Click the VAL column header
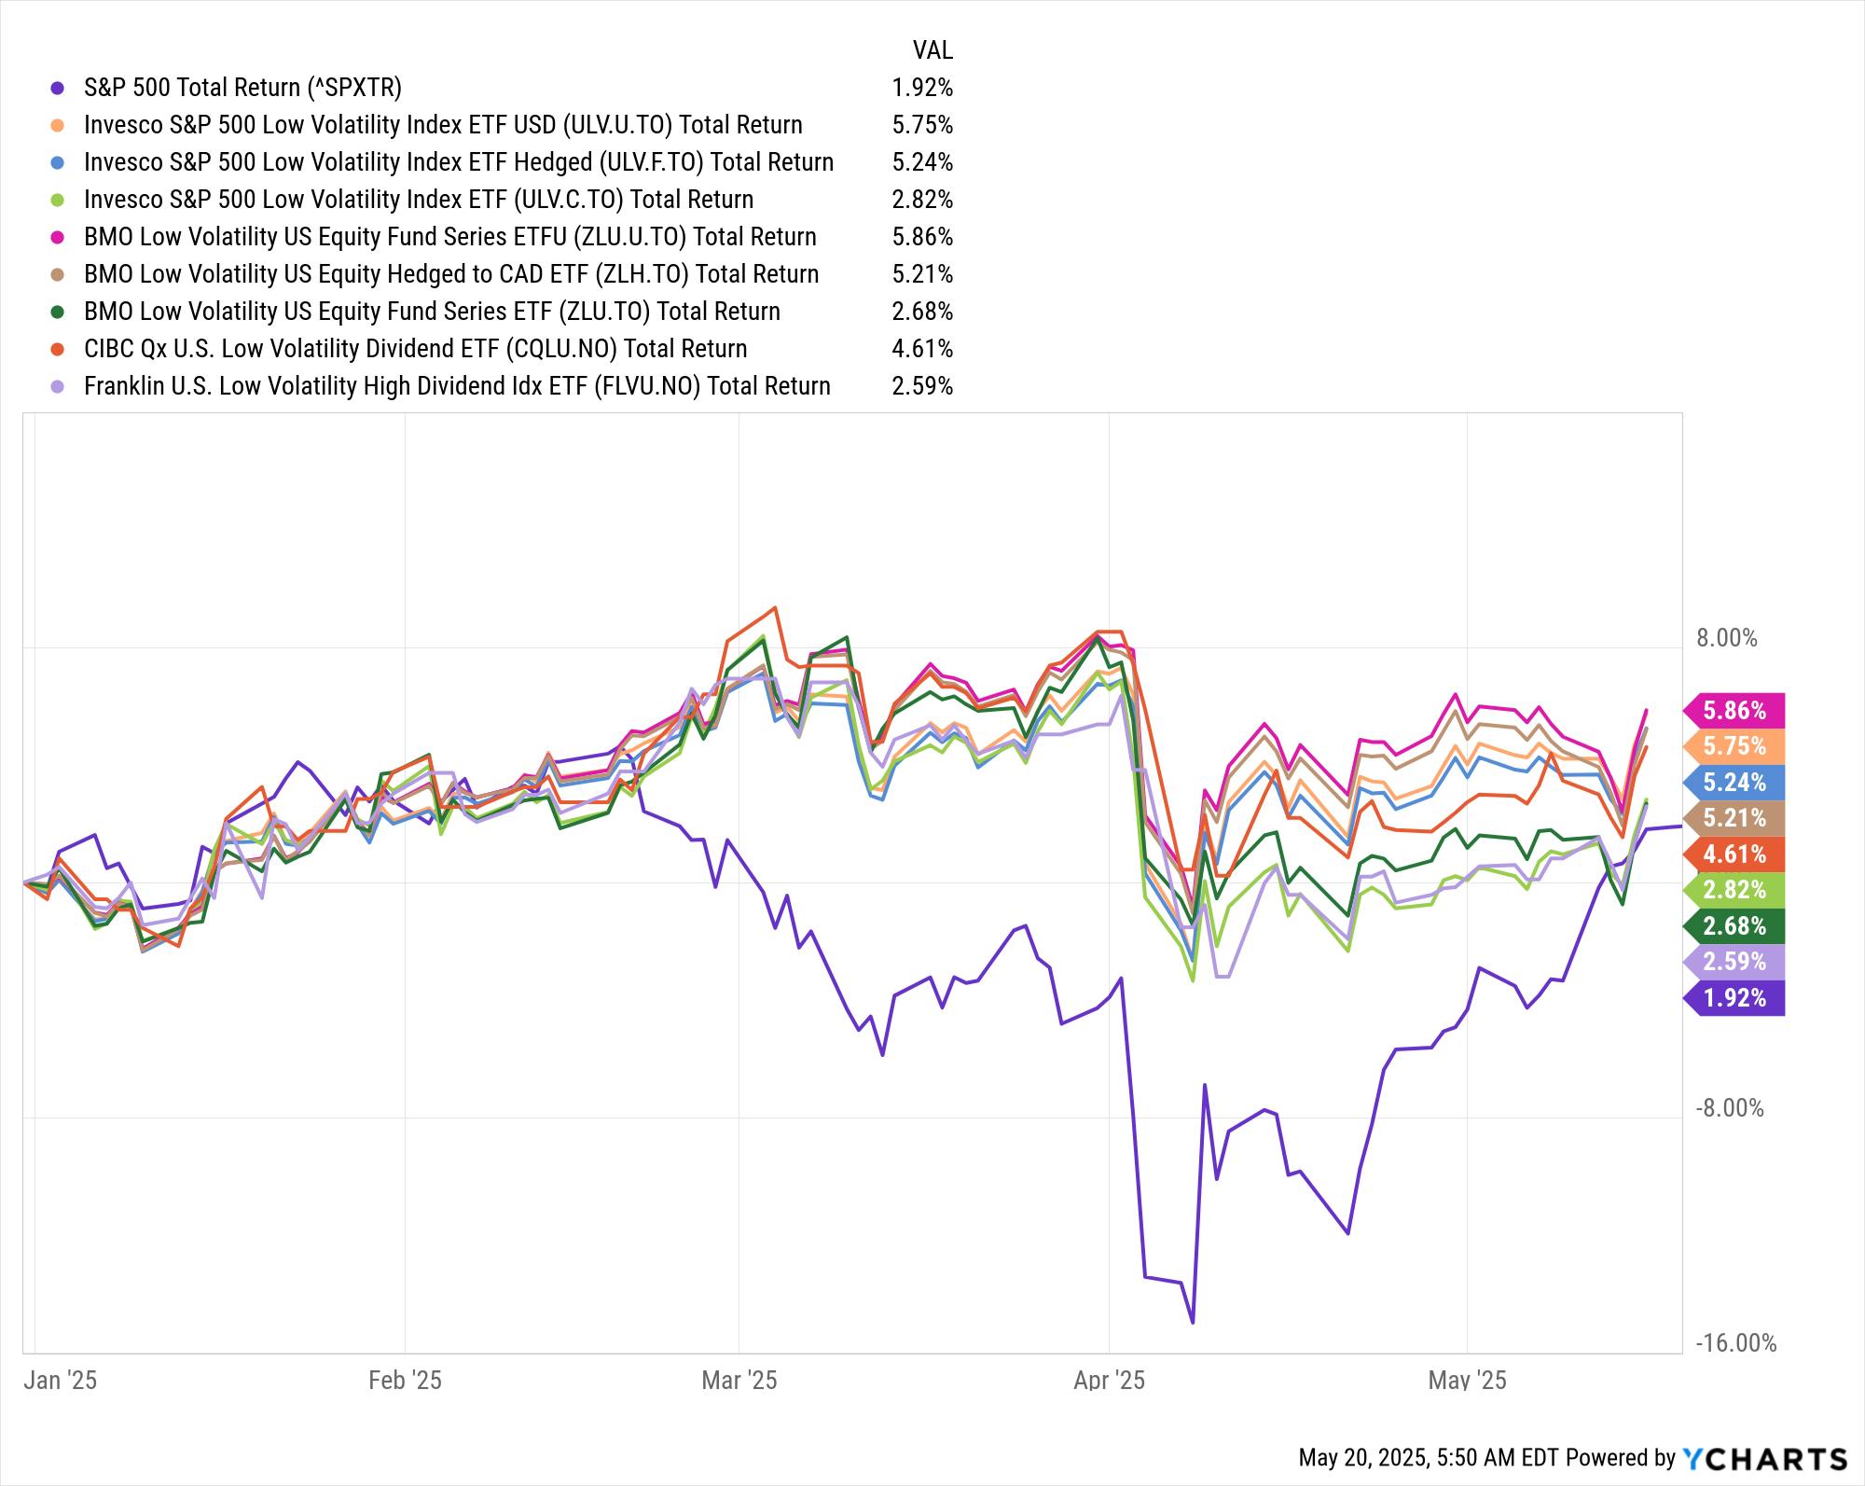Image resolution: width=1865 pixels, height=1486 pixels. (x=932, y=49)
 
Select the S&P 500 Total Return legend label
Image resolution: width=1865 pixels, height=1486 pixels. (x=242, y=88)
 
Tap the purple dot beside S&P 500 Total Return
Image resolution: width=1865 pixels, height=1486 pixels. (x=58, y=88)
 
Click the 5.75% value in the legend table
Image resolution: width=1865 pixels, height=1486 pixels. (x=922, y=125)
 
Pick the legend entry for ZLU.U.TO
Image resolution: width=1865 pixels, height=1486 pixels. (x=449, y=237)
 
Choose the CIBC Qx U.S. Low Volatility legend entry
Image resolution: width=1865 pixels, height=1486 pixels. (x=415, y=349)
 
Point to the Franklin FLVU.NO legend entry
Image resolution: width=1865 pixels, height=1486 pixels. (x=457, y=386)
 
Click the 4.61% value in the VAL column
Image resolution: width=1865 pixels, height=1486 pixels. (x=922, y=349)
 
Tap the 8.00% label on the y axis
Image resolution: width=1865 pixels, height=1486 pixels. (x=1726, y=638)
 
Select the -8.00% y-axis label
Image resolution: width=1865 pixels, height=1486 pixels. (x=1730, y=1108)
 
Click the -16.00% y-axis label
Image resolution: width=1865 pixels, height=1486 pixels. (x=1735, y=1343)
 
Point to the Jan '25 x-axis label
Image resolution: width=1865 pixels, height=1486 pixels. (x=61, y=1381)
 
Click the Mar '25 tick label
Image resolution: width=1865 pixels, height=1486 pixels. (x=739, y=1381)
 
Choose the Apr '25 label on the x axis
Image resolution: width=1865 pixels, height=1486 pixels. (x=1109, y=1381)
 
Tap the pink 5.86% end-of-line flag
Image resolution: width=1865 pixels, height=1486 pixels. (x=1735, y=711)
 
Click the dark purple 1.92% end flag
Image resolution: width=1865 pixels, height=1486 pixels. (x=1735, y=998)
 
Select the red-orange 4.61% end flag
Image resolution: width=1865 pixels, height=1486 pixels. (x=1735, y=854)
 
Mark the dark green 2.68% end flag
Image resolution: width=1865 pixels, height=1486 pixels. (x=1735, y=926)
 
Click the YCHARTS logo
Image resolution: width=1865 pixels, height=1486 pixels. (x=1764, y=1458)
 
